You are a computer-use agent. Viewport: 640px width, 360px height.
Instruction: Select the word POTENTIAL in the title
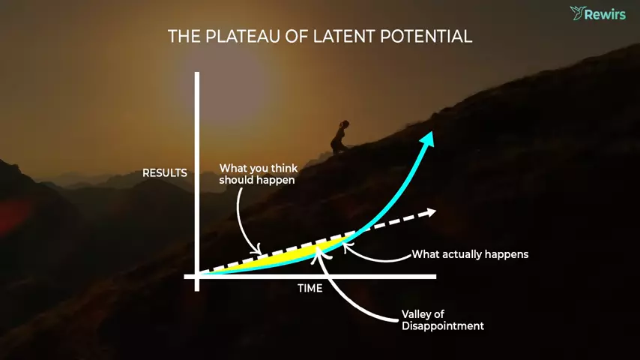(426, 36)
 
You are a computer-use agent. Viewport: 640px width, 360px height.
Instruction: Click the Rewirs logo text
(605, 15)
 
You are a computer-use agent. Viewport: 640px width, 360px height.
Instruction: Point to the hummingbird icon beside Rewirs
(577, 13)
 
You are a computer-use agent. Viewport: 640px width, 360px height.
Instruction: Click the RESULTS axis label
(164, 173)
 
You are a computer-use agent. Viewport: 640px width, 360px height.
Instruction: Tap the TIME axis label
(310, 289)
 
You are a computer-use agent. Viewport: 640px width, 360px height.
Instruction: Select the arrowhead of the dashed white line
(430, 212)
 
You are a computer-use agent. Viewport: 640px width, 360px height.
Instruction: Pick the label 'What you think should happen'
(259, 174)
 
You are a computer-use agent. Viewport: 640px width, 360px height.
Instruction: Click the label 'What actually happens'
(470, 254)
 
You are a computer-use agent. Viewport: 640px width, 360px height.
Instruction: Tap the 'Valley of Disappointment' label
(442, 320)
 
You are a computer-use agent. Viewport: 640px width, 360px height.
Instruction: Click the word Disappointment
(442, 325)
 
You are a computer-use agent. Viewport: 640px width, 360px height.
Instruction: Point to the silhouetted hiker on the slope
(339, 137)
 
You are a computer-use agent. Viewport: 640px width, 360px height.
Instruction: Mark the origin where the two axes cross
(197, 277)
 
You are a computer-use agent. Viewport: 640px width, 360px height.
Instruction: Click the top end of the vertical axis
(197, 73)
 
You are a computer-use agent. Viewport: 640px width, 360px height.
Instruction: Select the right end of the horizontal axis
(435, 277)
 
